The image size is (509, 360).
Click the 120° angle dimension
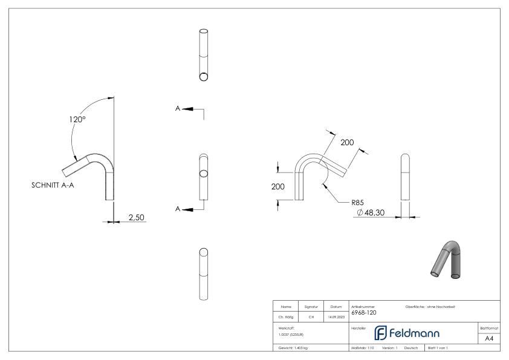point(76,119)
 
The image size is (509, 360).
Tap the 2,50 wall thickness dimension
point(136,217)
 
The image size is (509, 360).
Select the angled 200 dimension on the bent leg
point(347,142)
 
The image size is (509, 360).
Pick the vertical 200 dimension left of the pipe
point(277,187)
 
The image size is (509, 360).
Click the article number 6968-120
point(364,313)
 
